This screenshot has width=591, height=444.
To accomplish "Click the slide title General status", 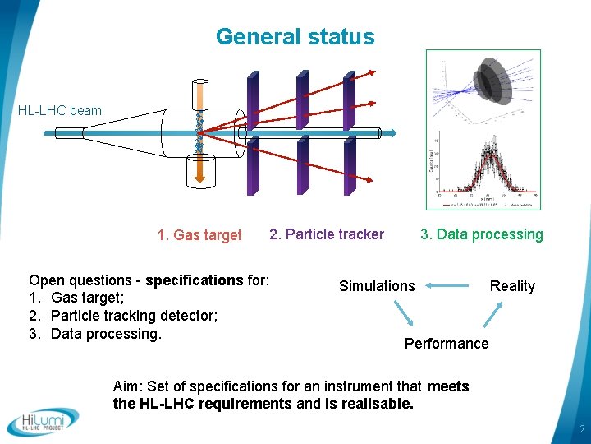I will (x=295, y=37).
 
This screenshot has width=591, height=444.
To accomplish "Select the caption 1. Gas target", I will (x=199, y=235).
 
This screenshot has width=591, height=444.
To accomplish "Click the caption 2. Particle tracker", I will (x=327, y=234).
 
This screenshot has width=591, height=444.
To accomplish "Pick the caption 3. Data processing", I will (x=482, y=234).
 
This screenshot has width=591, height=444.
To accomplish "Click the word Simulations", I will (x=377, y=286).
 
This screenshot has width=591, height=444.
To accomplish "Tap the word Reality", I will (x=512, y=286).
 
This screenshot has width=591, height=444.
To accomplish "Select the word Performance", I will (x=447, y=344).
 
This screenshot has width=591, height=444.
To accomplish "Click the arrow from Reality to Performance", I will (x=496, y=314).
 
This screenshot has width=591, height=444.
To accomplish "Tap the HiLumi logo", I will (x=44, y=422).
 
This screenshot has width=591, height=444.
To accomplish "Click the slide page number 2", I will (x=581, y=430).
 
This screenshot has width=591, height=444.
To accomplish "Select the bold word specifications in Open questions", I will (x=195, y=280).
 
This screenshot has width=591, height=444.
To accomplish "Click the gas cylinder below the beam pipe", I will (x=198, y=170).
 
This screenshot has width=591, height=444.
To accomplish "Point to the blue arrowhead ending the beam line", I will (x=392, y=132).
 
